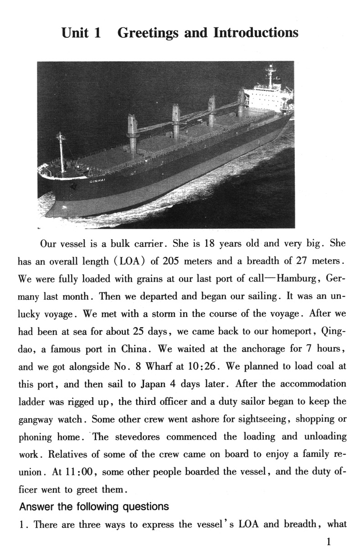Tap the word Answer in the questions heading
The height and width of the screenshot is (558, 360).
[x=36, y=506]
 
